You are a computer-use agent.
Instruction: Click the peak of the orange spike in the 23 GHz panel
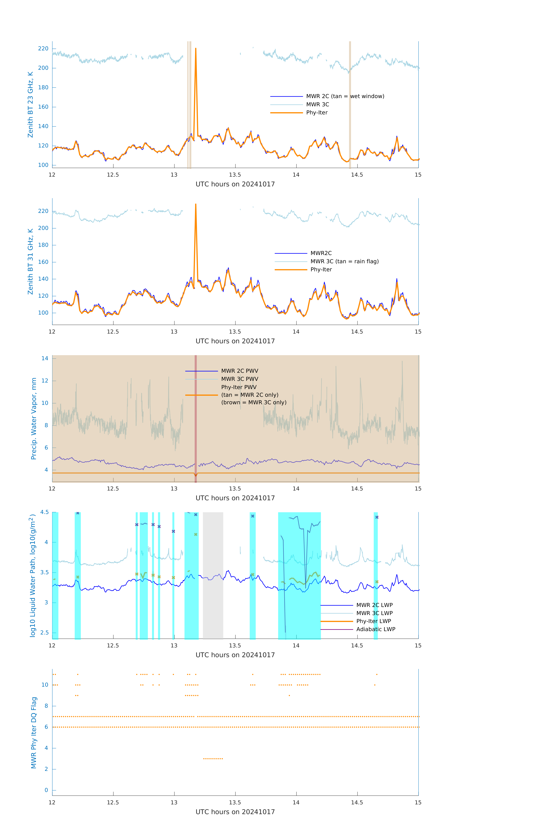point(196,49)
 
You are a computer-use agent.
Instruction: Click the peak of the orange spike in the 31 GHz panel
point(196,204)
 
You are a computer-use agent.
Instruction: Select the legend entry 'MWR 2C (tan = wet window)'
point(345,96)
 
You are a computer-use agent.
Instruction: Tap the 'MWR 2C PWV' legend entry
point(240,371)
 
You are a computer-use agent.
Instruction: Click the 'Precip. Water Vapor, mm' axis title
point(34,419)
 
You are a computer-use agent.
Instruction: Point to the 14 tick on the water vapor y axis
point(45,358)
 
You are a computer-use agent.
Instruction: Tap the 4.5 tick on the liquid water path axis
point(44,512)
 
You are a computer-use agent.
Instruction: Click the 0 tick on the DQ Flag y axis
point(46,790)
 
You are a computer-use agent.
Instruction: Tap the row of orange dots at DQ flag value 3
point(213,758)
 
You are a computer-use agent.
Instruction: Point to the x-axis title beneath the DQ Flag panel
point(235,812)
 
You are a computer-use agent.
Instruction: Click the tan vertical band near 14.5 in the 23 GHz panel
point(350,104)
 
